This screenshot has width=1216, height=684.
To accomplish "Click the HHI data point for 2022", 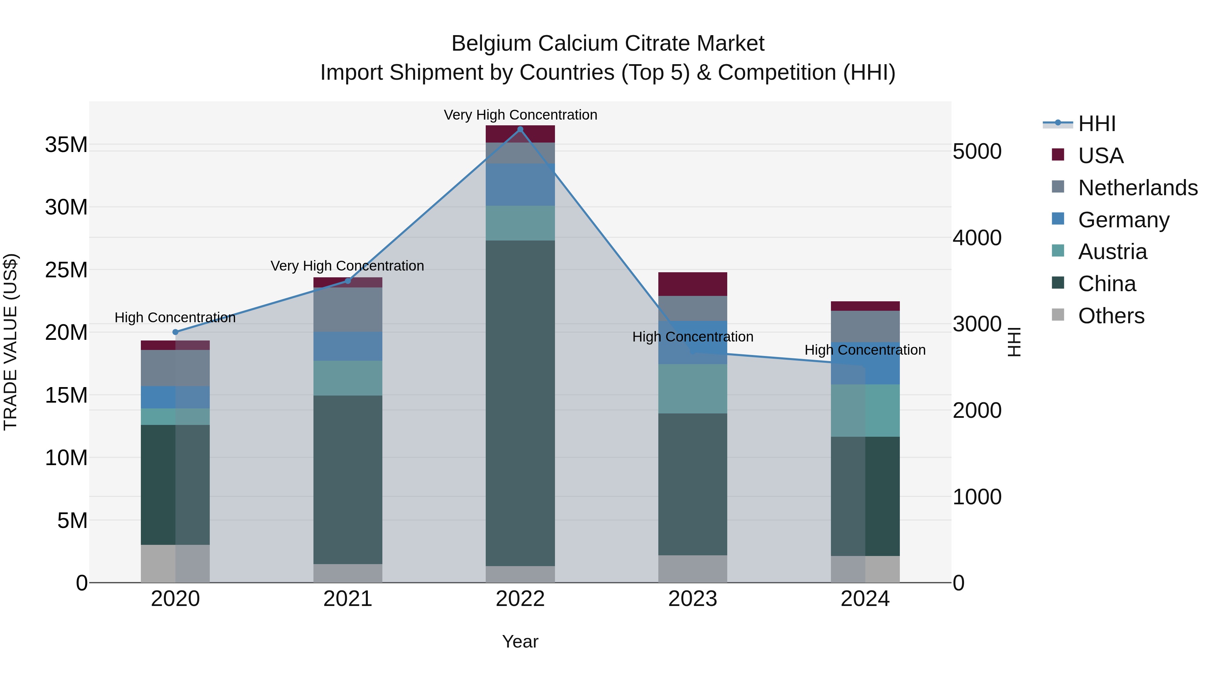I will click(x=520, y=129).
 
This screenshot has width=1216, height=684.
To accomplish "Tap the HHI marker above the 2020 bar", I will click(x=176, y=332).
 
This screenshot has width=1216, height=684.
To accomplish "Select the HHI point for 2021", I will click(x=348, y=281).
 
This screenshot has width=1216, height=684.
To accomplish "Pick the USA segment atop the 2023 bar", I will click(x=692, y=284).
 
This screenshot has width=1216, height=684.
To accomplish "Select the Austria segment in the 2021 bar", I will click(x=348, y=378).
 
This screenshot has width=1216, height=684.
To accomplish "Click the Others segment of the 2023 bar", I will click(x=692, y=568).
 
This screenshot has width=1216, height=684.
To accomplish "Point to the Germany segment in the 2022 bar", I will click(x=520, y=184).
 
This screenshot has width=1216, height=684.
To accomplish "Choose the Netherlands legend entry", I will click(x=1138, y=187).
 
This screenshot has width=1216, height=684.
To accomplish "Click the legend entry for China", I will click(x=1107, y=284).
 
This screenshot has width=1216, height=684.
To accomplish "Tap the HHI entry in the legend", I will click(x=1096, y=124).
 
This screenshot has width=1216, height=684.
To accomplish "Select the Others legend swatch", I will click(x=1058, y=315).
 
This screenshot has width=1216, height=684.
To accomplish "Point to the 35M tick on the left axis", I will click(x=66, y=145).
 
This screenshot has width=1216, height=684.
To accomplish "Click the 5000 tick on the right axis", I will click(x=977, y=152).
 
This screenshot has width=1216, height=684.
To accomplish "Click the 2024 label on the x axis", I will click(x=865, y=599).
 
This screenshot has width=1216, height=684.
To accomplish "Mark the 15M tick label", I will click(x=66, y=395).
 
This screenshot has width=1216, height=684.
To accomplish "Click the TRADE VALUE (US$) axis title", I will click(x=11, y=342).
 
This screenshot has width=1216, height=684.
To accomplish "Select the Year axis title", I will click(x=520, y=641).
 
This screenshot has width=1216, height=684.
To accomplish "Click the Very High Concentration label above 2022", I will click(x=520, y=115).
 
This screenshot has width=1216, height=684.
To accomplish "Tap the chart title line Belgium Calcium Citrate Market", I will click(x=608, y=44).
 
